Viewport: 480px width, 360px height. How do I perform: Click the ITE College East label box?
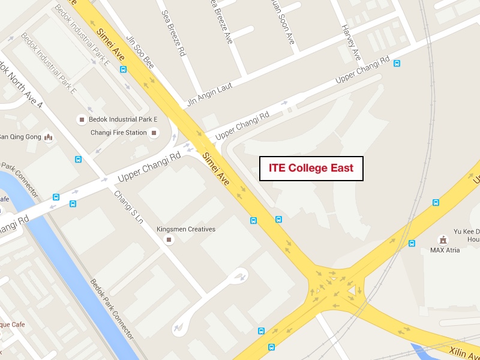coord(311,168)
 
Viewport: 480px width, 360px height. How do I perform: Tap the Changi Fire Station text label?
coord(119,133)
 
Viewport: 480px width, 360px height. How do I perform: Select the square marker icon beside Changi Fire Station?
coord(154,133)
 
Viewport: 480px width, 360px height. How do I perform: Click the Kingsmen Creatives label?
coord(185,229)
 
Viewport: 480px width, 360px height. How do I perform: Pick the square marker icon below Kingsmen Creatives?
coord(169,241)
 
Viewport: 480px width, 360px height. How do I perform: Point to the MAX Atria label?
coord(444,250)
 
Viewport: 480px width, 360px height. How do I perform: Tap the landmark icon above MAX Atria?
coord(443,239)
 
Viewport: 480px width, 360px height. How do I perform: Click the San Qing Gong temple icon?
coord(49,137)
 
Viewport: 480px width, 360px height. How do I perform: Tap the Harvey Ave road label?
coord(351,42)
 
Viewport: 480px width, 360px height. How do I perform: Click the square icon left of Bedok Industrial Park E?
coord(81,120)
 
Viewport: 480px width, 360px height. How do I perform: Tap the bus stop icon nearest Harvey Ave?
coord(397,63)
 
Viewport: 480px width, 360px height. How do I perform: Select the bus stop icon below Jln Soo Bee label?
coord(123,69)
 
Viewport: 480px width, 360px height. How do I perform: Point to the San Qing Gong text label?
coord(20,137)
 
